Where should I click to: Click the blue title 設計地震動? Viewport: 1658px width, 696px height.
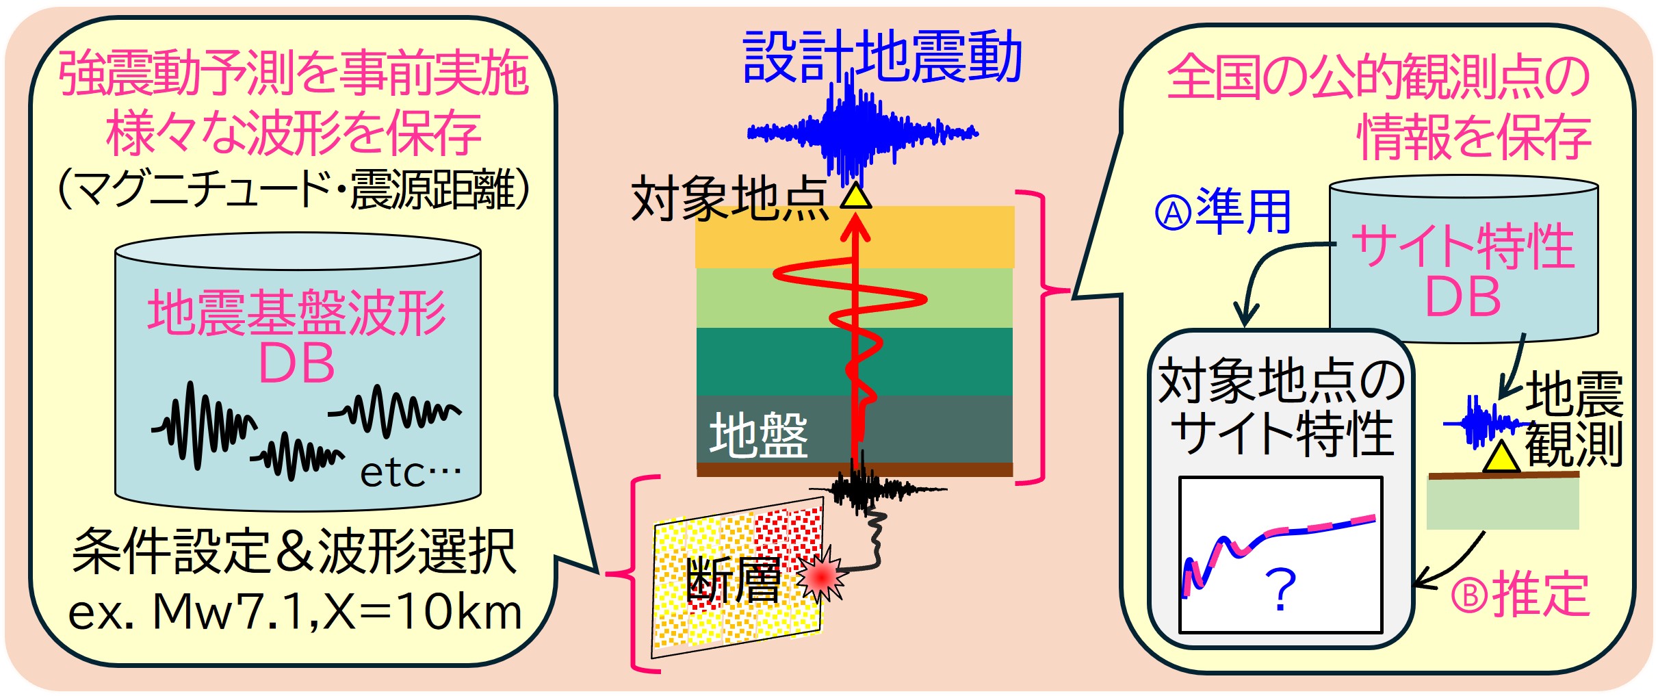[x=882, y=56]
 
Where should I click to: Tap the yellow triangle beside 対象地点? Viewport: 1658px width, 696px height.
[x=855, y=196]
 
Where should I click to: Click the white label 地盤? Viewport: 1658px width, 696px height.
[x=758, y=435]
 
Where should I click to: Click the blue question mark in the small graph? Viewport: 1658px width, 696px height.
[x=1280, y=589]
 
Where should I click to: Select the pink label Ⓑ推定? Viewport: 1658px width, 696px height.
[x=1520, y=595]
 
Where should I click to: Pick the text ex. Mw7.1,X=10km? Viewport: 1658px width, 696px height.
[x=295, y=611]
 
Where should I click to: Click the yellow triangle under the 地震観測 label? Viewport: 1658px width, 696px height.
[x=1501, y=456]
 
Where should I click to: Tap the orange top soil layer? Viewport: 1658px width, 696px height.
[x=855, y=237]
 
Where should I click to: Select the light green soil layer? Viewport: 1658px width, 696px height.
[x=855, y=298]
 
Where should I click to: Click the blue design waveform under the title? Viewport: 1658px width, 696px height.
[x=862, y=131]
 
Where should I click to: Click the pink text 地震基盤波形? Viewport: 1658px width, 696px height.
[x=297, y=312]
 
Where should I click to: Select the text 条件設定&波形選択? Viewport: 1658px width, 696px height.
[x=294, y=552]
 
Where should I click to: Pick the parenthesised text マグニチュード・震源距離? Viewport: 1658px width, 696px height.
[x=294, y=190]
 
